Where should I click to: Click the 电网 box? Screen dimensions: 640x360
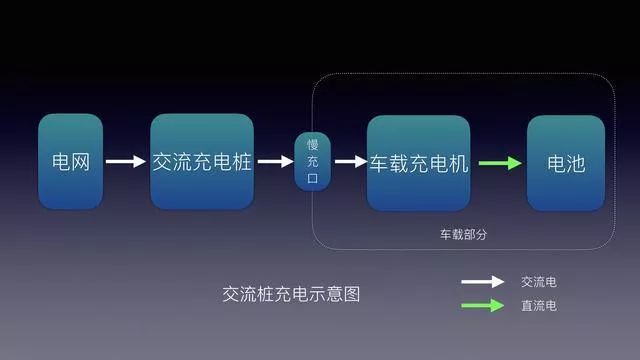point(71,162)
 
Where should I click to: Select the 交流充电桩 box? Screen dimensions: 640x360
point(202,162)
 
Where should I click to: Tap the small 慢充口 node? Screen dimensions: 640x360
point(313,162)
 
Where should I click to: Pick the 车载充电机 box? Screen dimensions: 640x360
point(418,163)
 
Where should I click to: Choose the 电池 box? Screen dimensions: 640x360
point(566,163)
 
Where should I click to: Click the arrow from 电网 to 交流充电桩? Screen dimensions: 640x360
point(126,162)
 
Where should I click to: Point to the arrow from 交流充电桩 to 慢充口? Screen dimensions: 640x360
point(276,162)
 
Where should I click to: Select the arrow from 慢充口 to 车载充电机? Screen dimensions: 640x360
point(351,162)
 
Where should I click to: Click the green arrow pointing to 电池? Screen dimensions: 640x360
point(500,163)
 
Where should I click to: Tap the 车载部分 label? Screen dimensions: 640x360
point(463,234)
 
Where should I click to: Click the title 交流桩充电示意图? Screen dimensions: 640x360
point(291,294)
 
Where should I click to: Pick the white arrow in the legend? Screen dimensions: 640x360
point(482,282)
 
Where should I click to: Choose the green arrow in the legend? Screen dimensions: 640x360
point(482,305)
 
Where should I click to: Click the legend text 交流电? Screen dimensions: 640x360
point(538,282)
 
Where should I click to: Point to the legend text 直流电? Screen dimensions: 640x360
point(538,306)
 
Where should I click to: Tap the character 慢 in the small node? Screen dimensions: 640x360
point(313,144)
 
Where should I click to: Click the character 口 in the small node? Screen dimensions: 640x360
point(313,178)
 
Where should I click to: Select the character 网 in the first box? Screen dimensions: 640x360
point(80,162)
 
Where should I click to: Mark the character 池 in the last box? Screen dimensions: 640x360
point(576,164)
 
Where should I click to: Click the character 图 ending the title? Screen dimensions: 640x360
point(352,294)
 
